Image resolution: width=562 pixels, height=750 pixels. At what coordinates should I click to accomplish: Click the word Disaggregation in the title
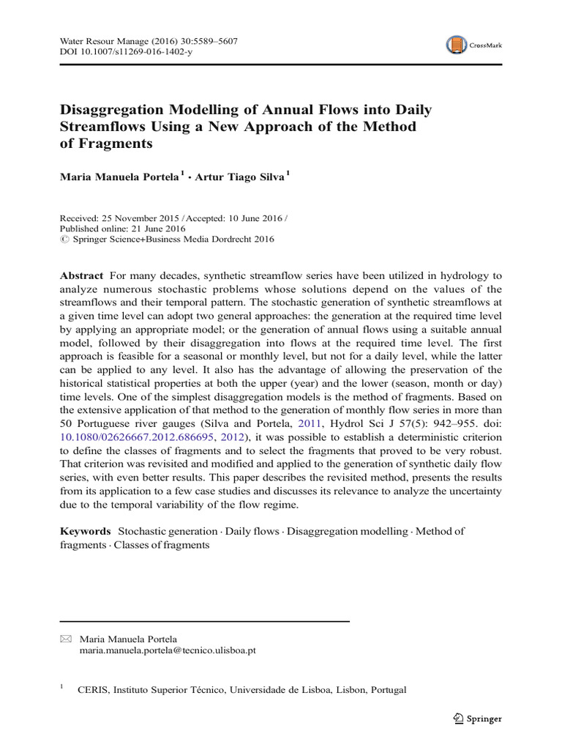[111, 111]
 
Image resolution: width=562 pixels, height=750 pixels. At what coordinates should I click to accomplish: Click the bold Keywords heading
[85, 531]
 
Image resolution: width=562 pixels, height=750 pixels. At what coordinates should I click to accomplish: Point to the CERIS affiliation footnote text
[241, 689]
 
